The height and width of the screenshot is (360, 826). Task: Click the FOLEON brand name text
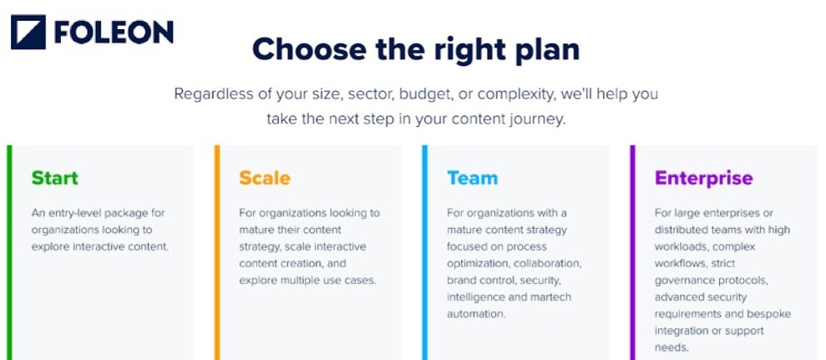click(x=114, y=32)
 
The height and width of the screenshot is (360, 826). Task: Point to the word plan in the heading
click(x=545, y=49)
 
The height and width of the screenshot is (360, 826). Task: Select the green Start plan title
click(x=54, y=178)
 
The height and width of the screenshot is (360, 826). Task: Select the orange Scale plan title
click(x=265, y=178)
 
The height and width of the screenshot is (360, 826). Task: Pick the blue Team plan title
click(x=472, y=178)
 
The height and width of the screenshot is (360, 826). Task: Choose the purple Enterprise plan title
click(x=703, y=178)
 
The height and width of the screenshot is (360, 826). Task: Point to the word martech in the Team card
click(x=547, y=297)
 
